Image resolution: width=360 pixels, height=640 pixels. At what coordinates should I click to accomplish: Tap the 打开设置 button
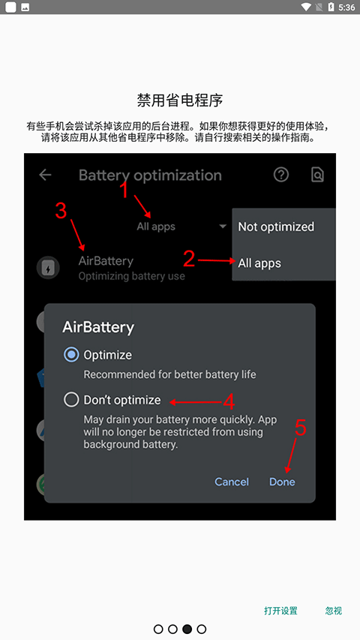(x=280, y=611)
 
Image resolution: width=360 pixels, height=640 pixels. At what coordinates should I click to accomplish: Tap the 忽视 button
(x=334, y=611)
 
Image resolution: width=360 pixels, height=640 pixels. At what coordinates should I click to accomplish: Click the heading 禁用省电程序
(x=180, y=100)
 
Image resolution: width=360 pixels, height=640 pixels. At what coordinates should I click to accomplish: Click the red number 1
(x=125, y=191)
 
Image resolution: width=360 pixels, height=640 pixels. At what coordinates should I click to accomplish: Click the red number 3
(x=61, y=211)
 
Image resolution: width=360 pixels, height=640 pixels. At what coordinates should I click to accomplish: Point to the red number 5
(x=300, y=427)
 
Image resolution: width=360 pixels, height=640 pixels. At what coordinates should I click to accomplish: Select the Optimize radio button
(x=72, y=355)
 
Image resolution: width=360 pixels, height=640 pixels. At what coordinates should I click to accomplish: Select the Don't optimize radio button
(x=72, y=400)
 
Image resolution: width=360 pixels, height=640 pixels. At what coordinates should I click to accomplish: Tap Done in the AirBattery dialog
(x=282, y=482)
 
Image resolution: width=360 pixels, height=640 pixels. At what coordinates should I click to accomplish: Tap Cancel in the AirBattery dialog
(x=232, y=482)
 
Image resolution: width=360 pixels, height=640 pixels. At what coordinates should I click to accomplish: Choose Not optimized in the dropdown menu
(x=276, y=227)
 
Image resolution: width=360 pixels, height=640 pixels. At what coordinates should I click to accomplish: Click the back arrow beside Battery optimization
(x=46, y=175)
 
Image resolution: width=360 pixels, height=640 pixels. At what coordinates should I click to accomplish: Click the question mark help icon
(x=281, y=175)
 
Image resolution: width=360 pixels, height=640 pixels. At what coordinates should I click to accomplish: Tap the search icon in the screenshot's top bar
(x=317, y=175)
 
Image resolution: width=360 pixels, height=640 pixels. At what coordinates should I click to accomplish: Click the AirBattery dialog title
(x=98, y=327)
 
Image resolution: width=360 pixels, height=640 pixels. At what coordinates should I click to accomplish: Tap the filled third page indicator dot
(x=187, y=629)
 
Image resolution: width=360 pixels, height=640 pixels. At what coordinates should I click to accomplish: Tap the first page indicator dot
(x=158, y=629)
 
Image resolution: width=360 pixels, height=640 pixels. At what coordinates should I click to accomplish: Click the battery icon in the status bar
(x=331, y=8)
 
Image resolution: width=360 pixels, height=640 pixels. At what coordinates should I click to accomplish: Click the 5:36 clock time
(x=347, y=8)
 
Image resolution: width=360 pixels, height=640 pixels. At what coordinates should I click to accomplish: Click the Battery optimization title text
(x=150, y=176)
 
